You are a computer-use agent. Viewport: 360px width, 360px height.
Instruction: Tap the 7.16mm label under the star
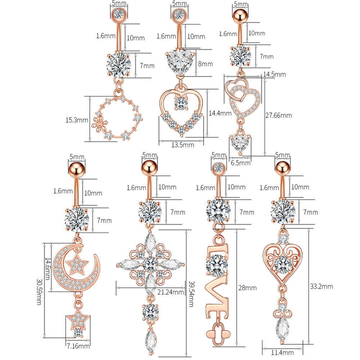click(x=78, y=345)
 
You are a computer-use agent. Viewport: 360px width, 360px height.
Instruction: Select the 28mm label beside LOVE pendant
click(x=247, y=288)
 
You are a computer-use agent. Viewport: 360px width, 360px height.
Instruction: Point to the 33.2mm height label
click(x=321, y=286)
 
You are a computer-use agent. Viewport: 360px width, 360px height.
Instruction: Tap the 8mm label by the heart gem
click(x=205, y=64)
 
